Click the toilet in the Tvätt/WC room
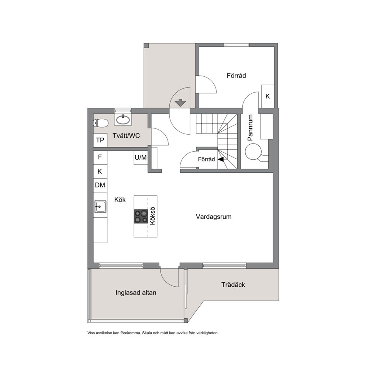[101, 123]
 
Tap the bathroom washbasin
[123, 120]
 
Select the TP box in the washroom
[100, 140]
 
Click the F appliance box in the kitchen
[100, 158]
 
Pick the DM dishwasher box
[100, 185]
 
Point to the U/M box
[141, 158]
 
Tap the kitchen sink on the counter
[100, 207]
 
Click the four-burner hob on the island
[141, 216]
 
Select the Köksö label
[152, 216]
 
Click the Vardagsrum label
[214, 217]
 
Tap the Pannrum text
[250, 127]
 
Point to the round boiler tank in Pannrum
[253, 152]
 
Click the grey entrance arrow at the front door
[180, 103]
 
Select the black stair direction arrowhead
[221, 159]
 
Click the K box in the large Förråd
[267, 96]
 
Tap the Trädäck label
[233, 285]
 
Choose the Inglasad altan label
[136, 293]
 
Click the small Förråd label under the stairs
[206, 159]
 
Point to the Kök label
[120, 200]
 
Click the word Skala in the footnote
[147, 333]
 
